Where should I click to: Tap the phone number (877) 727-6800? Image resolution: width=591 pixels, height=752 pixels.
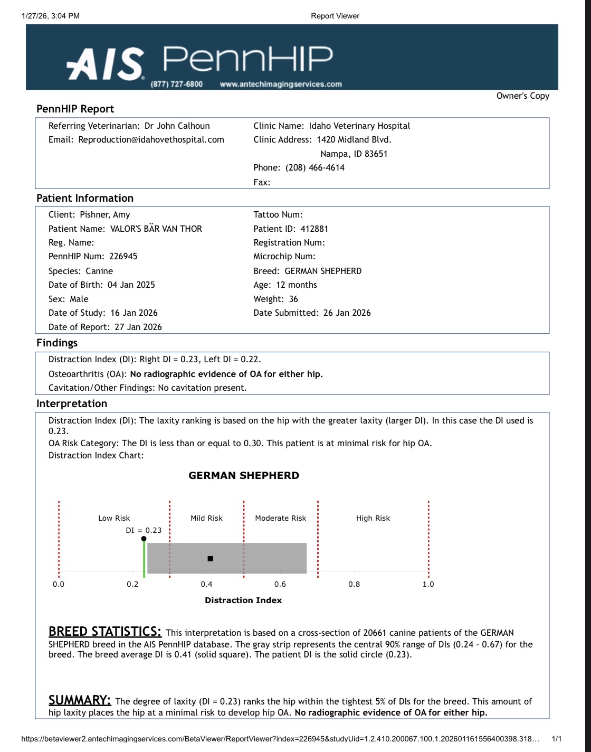pos(176,84)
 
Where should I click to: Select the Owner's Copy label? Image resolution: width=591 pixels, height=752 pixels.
pos(522,96)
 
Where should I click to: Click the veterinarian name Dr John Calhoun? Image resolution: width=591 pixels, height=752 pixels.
pos(177,126)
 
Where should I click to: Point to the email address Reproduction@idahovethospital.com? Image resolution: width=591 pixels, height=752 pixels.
pos(151,139)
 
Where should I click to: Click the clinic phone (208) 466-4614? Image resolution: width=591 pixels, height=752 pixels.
pos(315,167)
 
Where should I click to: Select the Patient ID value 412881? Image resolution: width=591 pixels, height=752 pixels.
pos(314,229)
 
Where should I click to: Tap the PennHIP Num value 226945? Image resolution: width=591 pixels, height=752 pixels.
pos(123,256)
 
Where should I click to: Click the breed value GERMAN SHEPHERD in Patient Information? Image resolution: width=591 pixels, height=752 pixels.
pos(323,271)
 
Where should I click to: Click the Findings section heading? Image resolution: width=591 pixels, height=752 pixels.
pos(57,343)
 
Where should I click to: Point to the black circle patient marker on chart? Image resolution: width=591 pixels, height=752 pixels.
pos(144,539)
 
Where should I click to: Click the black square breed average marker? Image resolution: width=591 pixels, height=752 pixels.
pos(210,558)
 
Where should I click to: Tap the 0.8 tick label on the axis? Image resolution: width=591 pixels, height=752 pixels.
pos(354,584)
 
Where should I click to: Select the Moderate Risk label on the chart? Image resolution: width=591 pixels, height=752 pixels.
pos(280,518)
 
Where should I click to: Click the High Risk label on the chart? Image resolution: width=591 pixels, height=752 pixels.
pos(373,518)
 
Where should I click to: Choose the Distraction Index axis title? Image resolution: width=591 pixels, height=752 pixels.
pos(243,600)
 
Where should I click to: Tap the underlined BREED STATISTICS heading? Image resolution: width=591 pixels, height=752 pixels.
pos(104,632)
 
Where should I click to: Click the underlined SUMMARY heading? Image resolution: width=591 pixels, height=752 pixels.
pos(79,700)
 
